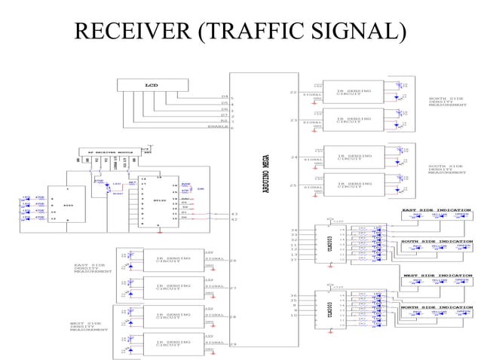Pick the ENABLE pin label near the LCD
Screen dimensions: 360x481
[x=217, y=127]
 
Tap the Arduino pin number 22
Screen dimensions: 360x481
[x=293, y=92]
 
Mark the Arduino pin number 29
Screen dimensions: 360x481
[x=233, y=344]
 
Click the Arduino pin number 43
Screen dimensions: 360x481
[x=234, y=214]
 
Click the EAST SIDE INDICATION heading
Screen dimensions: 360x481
[x=437, y=210]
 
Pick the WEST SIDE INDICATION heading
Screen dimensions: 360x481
[x=437, y=275]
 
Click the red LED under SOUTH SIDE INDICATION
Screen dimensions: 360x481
[x=417, y=249]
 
